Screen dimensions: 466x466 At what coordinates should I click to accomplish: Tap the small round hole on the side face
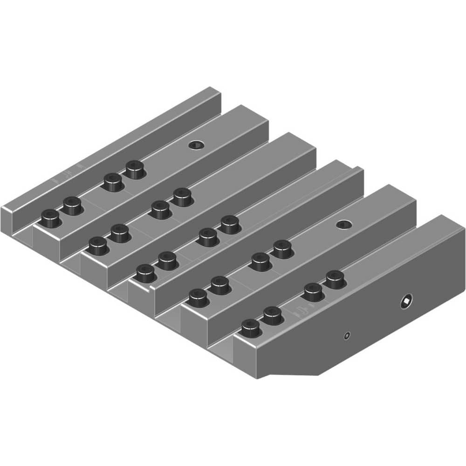[x=346, y=336]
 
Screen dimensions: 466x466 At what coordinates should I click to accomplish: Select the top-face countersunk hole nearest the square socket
[x=344, y=225]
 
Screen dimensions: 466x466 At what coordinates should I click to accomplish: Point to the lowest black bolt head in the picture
[x=251, y=329]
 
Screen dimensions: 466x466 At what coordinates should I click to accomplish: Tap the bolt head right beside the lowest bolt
[x=273, y=315]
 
